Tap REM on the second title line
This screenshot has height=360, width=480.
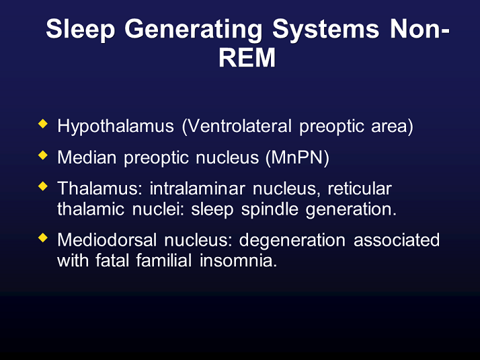tap(247, 58)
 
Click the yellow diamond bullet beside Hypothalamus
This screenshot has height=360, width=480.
tap(44, 124)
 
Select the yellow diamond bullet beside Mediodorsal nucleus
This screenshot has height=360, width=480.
tap(44, 238)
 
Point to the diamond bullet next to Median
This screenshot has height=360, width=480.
tap(44, 155)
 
